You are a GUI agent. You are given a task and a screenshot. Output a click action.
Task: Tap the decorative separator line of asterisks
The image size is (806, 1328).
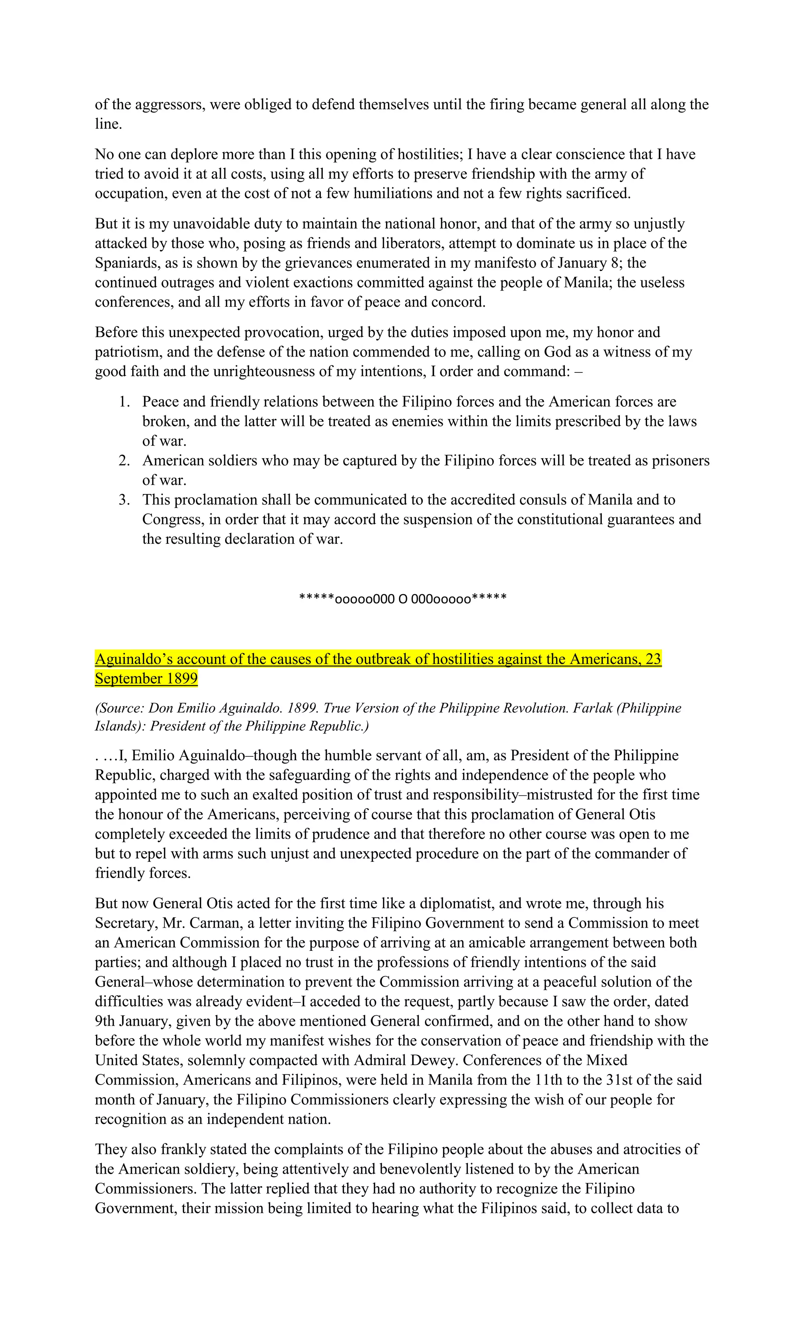coord(403,599)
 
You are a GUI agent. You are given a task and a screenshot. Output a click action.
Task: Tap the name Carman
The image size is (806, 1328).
coord(215,923)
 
